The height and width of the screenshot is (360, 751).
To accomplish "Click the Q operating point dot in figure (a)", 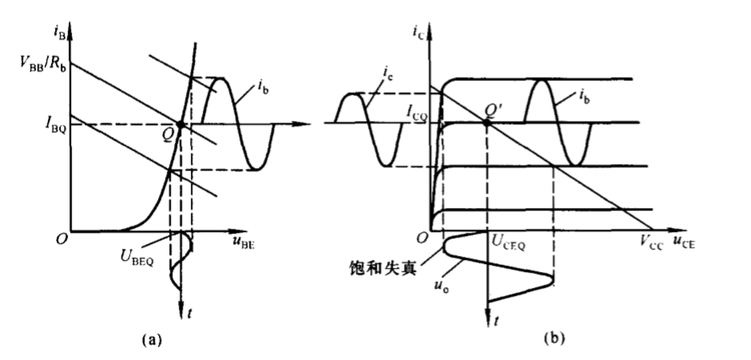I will click(180, 125).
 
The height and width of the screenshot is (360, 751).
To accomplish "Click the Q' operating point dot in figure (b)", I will click(488, 122).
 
